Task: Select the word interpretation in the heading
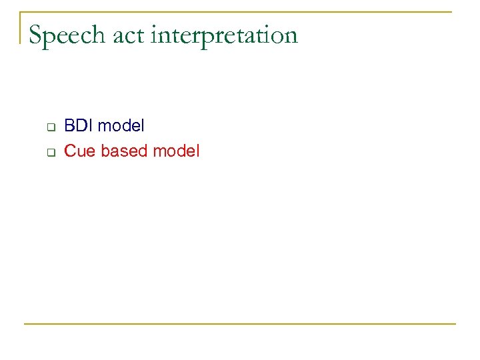point(225,35)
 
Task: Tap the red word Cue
point(79,151)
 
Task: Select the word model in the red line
point(176,151)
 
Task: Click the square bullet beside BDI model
point(49,126)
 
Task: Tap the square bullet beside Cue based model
point(49,152)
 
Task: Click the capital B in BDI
point(69,125)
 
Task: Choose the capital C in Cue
point(70,151)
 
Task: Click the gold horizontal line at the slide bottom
point(240,324)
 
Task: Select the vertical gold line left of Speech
point(20,27)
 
